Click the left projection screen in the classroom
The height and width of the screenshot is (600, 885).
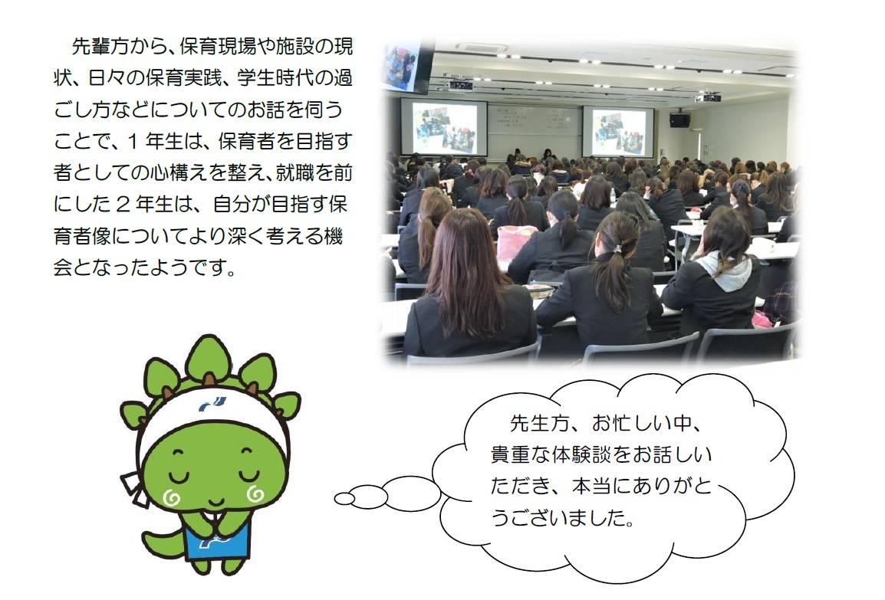pyautogui.click(x=443, y=128)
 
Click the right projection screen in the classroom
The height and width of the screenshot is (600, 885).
pyautogui.click(x=618, y=131)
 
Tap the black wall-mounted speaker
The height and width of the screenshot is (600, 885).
pyautogui.click(x=679, y=120)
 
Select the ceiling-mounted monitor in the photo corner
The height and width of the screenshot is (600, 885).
pyautogui.click(x=406, y=65)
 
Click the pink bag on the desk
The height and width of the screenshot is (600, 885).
pyautogui.click(x=515, y=240)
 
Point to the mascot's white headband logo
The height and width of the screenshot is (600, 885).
pyautogui.click(x=212, y=405)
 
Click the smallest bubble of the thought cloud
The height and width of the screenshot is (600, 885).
pyautogui.click(x=344, y=499)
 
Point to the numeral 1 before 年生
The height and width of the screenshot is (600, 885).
pyautogui.click(x=133, y=141)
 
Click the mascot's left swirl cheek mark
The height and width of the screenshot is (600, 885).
pyautogui.click(x=172, y=497)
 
